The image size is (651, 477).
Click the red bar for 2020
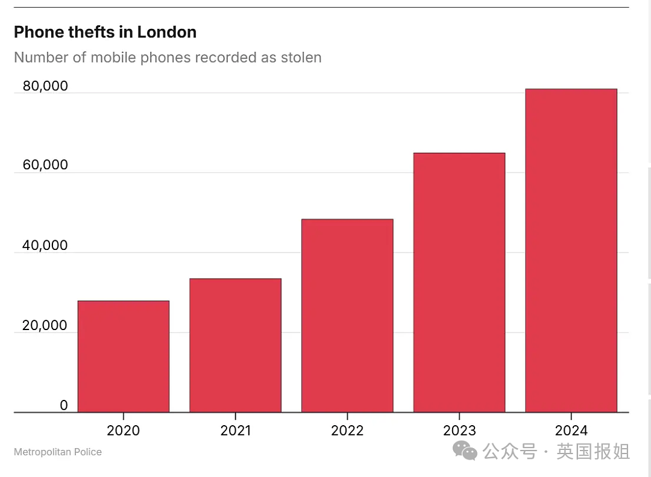[x=124, y=357]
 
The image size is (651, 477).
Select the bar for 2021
[x=236, y=345]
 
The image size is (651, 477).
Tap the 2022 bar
[x=348, y=316]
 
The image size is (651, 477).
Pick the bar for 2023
[x=459, y=282]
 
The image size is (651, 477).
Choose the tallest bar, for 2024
[x=571, y=251]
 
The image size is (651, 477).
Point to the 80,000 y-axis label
[x=45, y=86]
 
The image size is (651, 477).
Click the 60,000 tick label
[x=45, y=164]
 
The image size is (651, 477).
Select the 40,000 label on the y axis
[x=45, y=245]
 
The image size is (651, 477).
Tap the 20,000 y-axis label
[x=45, y=325]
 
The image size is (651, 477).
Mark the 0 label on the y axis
[x=63, y=405]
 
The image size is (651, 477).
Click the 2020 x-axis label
[x=124, y=431]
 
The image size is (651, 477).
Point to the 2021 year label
[x=236, y=431]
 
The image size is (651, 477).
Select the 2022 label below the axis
[x=348, y=431]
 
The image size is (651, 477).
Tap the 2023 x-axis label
[x=459, y=431]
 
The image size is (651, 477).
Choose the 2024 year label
[x=571, y=431]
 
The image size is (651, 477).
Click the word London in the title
[x=167, y=32]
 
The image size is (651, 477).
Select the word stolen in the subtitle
[x=301, y=57]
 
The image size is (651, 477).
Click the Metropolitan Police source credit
[x=58, y=452]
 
